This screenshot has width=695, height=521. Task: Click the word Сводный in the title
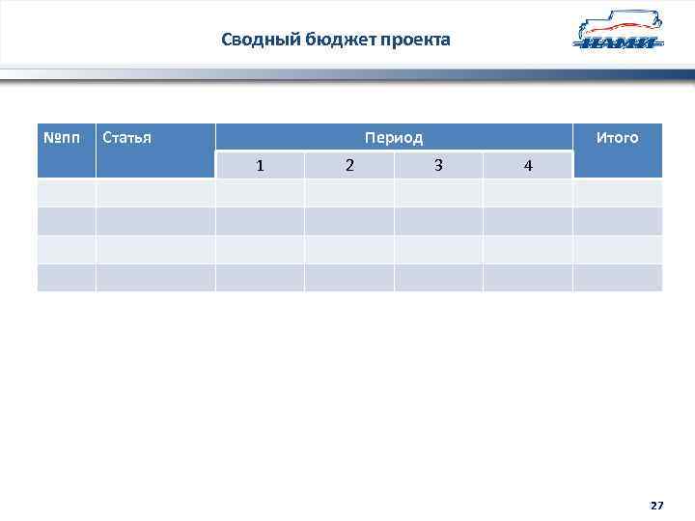[251, 40]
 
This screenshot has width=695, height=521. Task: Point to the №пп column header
[66, 137]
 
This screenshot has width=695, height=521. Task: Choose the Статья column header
[126, 137]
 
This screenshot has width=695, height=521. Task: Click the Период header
[394, 137]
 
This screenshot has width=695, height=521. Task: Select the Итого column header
[617, 137]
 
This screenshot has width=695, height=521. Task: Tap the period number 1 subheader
[260, 165]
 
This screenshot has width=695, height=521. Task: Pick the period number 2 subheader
[349, 165]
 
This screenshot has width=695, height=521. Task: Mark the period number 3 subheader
[438, 165]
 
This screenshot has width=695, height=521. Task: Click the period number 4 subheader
[527, 165]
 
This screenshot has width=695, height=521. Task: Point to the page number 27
[656, 506]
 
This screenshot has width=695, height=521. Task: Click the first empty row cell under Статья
[155, 193]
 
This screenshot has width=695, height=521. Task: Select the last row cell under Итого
[617, 278]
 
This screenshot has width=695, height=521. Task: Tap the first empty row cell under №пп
[66, 193]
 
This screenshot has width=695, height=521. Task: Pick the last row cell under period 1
[260, 278]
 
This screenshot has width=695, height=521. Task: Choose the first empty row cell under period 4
[527, 193]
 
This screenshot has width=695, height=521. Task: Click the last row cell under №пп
[66, 278]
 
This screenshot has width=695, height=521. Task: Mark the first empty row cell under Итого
[617, 193]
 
